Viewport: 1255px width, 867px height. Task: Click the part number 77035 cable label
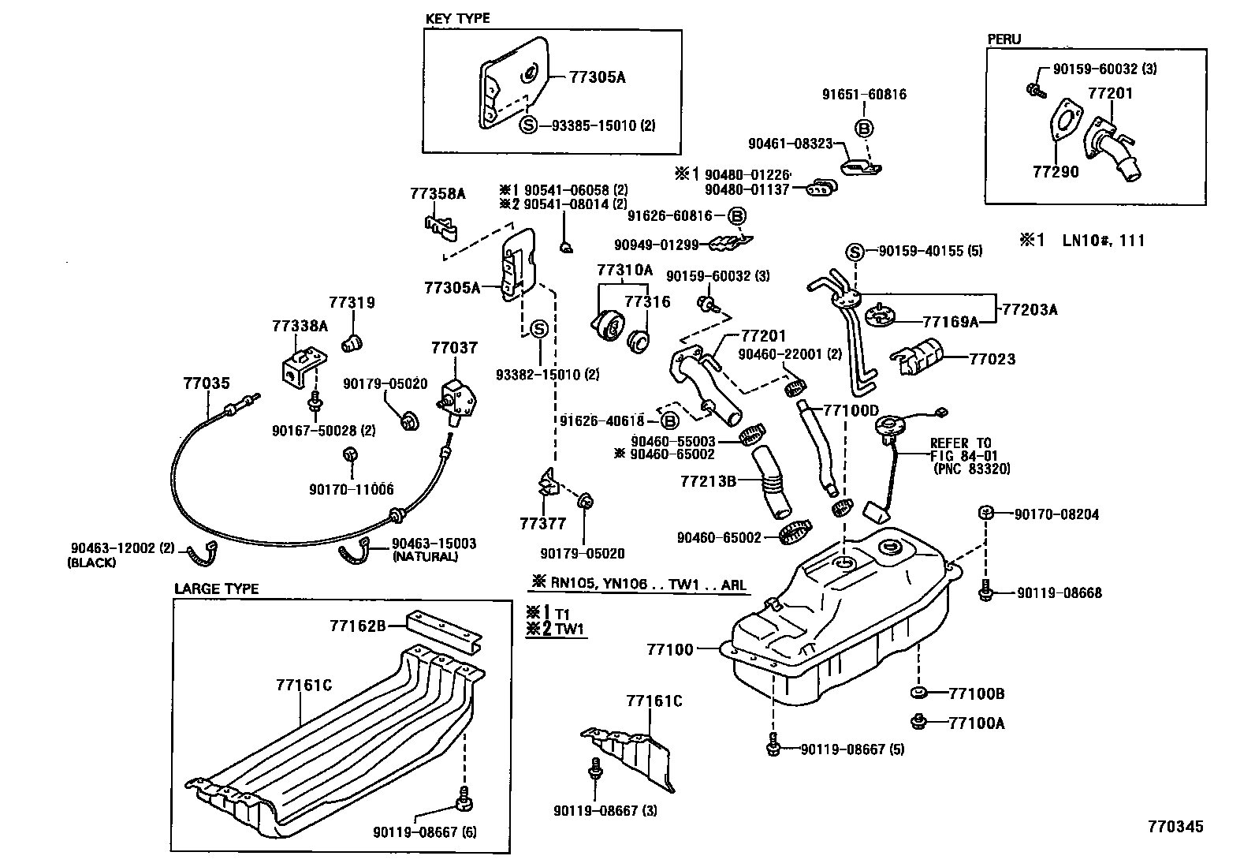(x=207, y=383)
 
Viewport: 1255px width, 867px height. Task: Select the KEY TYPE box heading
(x=457, y=18)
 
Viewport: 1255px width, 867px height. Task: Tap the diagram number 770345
(x=1175, y=826)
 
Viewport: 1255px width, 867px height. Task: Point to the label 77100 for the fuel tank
(x=670, y=649)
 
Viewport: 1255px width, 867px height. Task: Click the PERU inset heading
(x=1004, y=39)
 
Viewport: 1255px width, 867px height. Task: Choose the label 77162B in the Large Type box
(x=357, y=626)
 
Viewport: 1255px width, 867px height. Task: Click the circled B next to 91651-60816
(x=863, y=129)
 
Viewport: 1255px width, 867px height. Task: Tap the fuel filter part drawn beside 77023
(x=921, y=357)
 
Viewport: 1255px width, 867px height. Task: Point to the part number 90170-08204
(x=1056, y=514)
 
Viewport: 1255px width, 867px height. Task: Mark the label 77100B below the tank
(x=977, y=693)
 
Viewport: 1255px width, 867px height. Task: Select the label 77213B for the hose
(x=708, y=479)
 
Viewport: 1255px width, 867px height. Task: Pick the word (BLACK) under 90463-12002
(x=92, y=562)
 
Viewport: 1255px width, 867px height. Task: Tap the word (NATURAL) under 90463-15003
(x=425, y=556)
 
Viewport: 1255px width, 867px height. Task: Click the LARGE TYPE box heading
(x=216, y=589)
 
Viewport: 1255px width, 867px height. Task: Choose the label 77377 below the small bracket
(x=543, y=523)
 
